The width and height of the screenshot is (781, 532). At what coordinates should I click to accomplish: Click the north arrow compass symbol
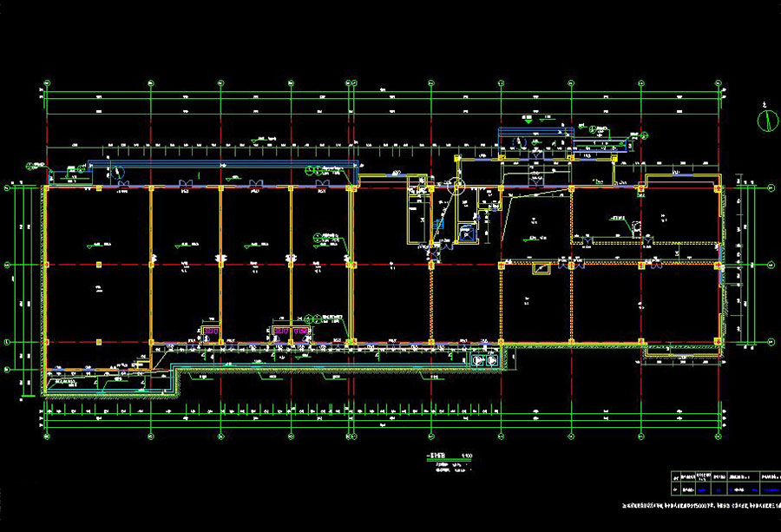pyautogui.click(x=768, y=121)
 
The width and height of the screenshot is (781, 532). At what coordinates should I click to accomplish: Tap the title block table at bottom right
pyautogui.click(x=725, y=483)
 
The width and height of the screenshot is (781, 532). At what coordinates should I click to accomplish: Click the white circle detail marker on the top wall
pyautogui.click(x=456, y=184)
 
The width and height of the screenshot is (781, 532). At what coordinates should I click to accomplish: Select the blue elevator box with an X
pyautogui.click(x=467, y=232)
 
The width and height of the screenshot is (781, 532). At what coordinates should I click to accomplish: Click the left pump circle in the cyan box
pyautogui.click(x=476, y=359)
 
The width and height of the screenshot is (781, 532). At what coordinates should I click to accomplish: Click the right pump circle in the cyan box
pyautogui.click(x=491, y=359)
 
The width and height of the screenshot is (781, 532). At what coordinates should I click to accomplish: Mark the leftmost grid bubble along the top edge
pyautogui.click(x=45, y=83)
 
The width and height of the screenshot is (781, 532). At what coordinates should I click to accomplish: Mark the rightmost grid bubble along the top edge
pyautogui.click(x=720, y=83)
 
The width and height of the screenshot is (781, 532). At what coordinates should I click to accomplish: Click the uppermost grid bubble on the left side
pyautogui.click(x=8, y=187)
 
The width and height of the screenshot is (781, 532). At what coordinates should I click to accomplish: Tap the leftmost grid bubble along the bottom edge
pyautogui.click(x=45, y=436)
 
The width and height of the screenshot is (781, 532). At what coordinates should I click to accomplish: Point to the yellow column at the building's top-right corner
pyautogui.click(x=717, y=186)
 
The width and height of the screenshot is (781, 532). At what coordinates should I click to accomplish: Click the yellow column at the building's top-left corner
pyautogui.click(x=46, y=187)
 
